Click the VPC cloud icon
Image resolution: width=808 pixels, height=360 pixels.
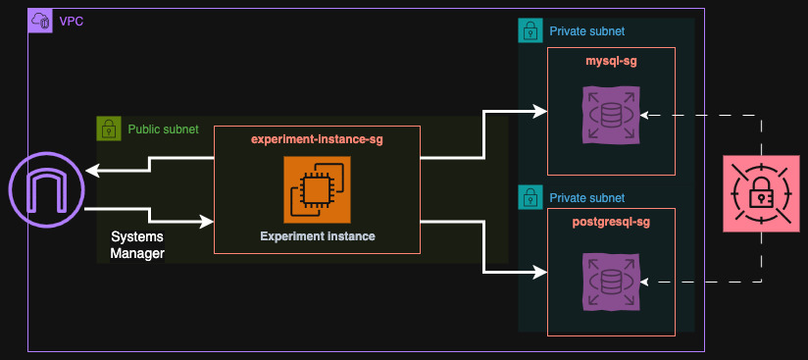pyautogui.click(x=40, y=21)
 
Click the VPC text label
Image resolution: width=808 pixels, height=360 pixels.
pyautogui.click(x=71, y=21)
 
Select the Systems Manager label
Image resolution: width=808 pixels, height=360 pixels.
pyautogui.click(x=137, y=246)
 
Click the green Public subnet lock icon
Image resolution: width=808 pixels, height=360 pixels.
pyautogui.click(x=109, y=129)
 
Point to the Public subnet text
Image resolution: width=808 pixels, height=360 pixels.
pyautogui.click(x=163, y=129)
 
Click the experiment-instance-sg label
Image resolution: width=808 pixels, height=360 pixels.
pyautogui.click(x=317, y=140)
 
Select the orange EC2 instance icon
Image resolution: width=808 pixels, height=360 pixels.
pyautogui.click(x=317, y=189)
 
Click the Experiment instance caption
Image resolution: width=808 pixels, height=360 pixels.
pyautogui.click(x=317, y=236)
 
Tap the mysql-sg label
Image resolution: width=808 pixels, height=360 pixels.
pyautogui.click(x=611, y=62)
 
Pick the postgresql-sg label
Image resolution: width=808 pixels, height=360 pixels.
pyautogui.click(x=611, y=223)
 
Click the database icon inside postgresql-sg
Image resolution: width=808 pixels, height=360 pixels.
pyautogui.click(x=611, y=282)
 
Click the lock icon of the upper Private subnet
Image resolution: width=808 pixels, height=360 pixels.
pyautogui.click(x=530, y=31)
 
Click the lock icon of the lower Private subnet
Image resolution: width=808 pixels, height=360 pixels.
pyautogui.click(x=530, y=197)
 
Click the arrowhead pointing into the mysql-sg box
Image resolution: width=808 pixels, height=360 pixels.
pyautogui.click(x=540, y=112)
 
